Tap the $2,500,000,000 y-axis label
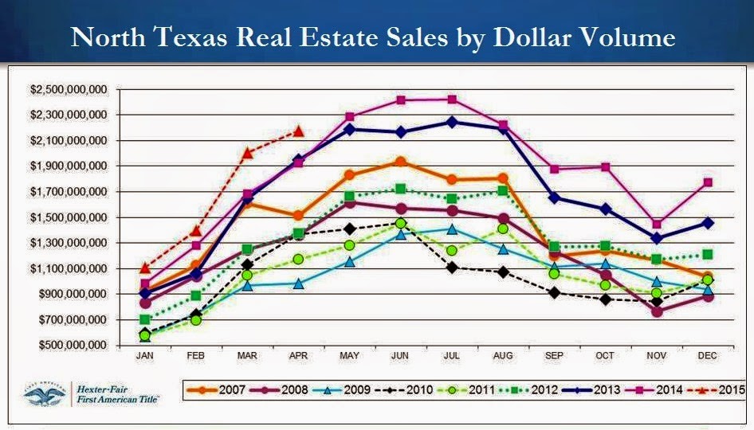coord(68,89)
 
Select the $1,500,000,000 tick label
coord(68,217)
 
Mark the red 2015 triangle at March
coord(247,153)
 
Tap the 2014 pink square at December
coord(707,182)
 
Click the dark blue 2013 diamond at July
coord(452,122)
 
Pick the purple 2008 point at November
coord(656,311)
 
